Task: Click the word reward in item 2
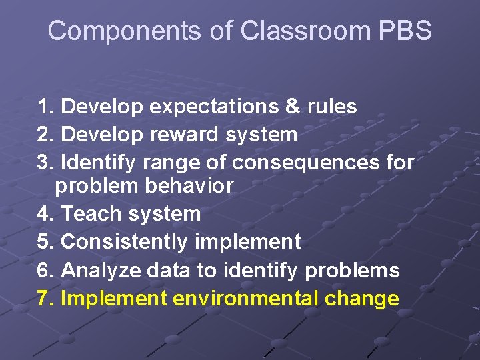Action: [183, 135]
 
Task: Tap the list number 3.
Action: [45, 162]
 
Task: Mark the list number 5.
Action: [45, 242]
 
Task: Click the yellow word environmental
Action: [246, 298]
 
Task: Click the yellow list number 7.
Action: [45, 298]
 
